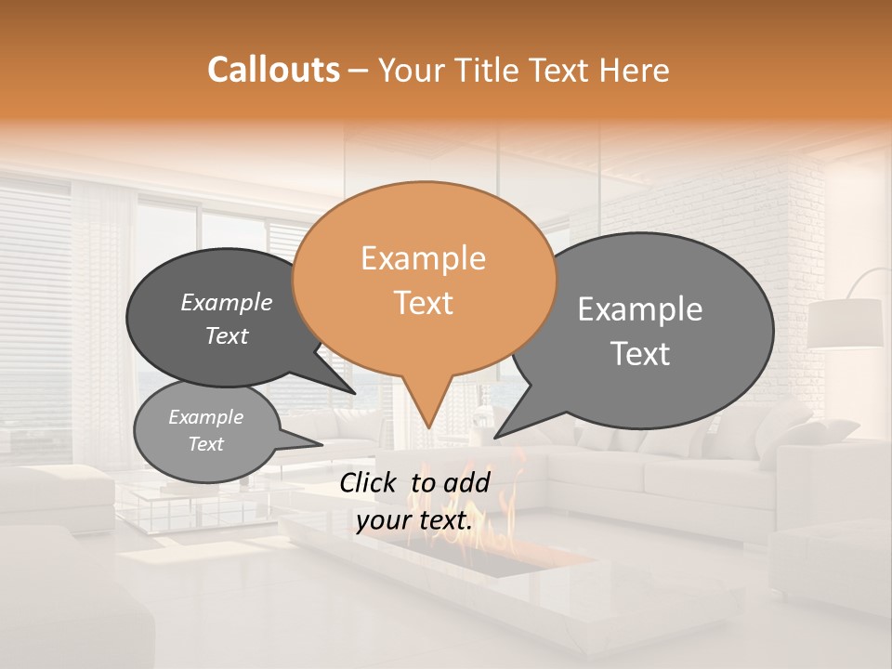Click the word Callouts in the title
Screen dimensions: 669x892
point(273,70)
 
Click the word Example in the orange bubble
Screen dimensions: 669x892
point(423,258)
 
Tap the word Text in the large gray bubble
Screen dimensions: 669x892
point(640,353)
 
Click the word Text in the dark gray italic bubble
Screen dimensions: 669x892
point(227,336)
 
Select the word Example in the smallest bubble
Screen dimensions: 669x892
point(205,417)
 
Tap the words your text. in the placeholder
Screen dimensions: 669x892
point(414,521)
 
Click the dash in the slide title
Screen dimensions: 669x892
point(361,71)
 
